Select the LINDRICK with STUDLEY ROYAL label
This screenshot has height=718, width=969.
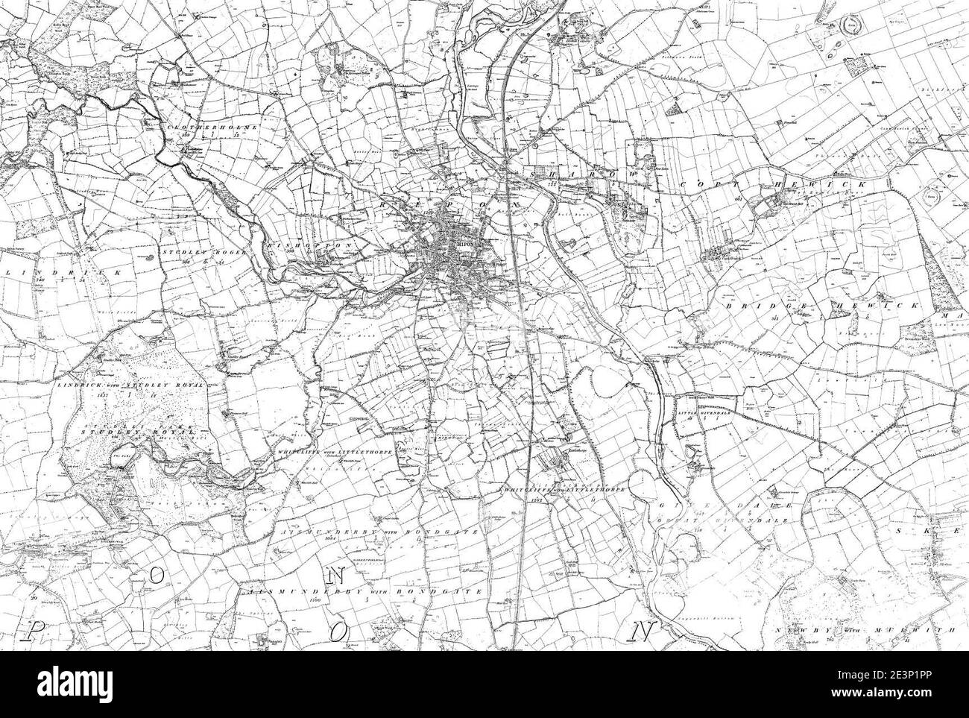(141, 385)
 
